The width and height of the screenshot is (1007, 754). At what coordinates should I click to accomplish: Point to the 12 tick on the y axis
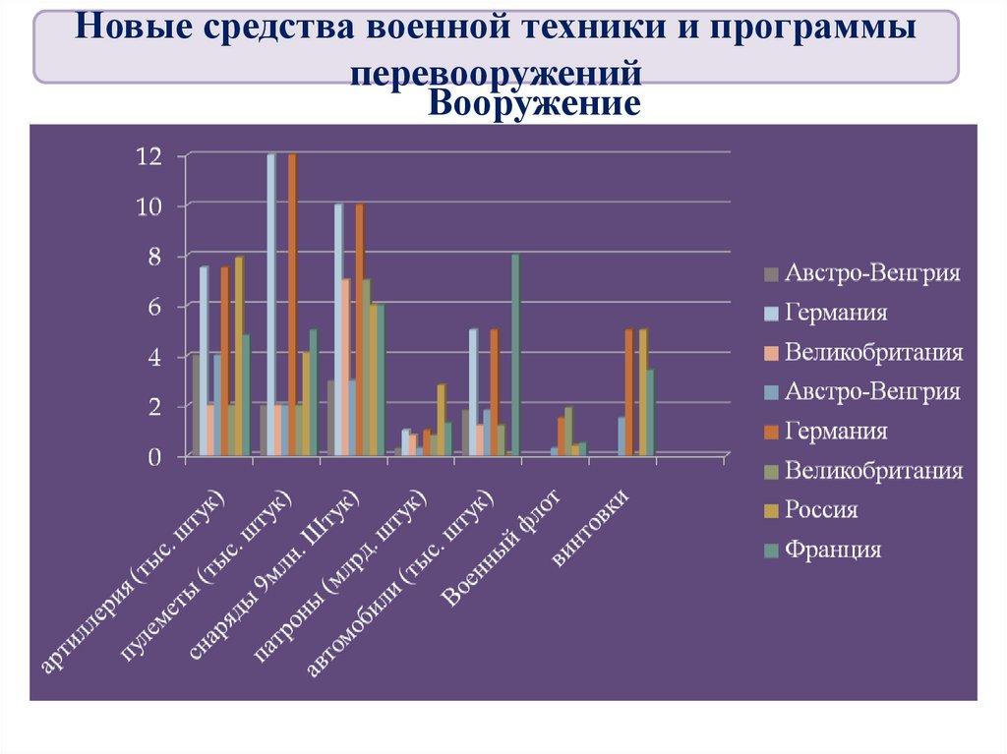click(148, 155)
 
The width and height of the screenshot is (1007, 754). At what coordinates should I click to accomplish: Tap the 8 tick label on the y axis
click(153, 257)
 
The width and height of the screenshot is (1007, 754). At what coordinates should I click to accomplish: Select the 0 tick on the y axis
click(153, 457)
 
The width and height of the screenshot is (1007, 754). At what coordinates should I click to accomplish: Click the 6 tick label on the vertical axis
click(153, 308)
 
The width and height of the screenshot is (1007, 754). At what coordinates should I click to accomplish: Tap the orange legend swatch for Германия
click(773, 432)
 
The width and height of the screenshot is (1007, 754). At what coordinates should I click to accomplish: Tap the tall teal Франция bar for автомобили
click(514, 354)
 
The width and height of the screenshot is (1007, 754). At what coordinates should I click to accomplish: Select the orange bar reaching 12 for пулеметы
click(291, 305)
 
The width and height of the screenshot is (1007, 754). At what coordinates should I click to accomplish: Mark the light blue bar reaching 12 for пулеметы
click(270, 305)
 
